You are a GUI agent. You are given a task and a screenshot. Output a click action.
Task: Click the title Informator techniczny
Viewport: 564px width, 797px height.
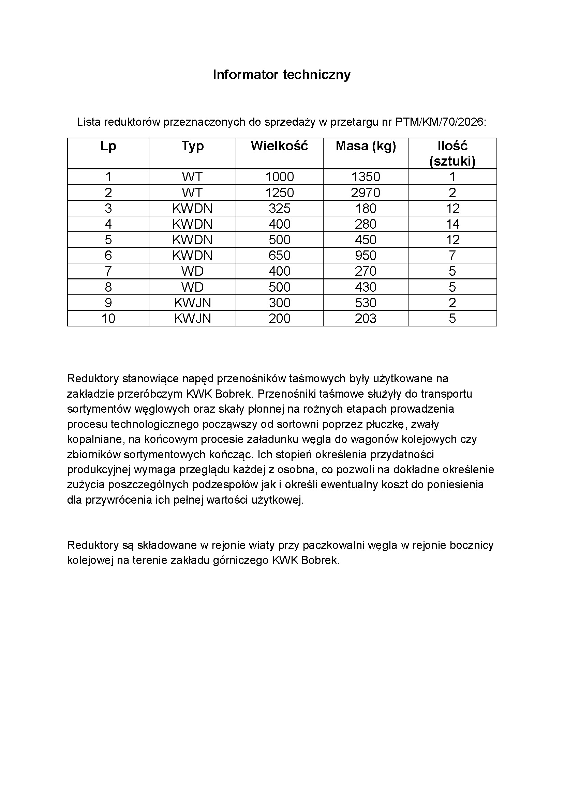click(x=282, y=75)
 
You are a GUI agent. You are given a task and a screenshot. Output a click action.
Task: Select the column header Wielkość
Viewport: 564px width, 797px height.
click(x=279, y=146)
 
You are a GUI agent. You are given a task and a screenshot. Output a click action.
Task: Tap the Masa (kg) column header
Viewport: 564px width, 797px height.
click(x=366, y=146)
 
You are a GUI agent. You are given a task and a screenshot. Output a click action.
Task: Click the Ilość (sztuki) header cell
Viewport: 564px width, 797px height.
click(x=452, y=153)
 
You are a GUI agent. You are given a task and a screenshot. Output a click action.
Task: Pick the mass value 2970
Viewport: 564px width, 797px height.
click(x=365, y=193)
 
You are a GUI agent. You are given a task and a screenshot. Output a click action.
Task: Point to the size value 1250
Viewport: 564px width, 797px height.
click(x=280, y=193)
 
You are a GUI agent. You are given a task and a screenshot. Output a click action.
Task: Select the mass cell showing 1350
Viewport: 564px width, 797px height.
click(x=366, y=177)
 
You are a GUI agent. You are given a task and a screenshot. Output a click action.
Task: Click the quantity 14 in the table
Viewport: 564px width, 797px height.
click(x=452, y=224)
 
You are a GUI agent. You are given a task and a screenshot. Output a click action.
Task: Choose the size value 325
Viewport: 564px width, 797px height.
click(x=280, y=208)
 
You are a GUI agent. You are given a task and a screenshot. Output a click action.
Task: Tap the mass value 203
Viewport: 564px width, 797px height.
click(x=365, y=319)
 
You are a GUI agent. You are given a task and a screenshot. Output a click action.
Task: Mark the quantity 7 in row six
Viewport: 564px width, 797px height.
click(x=452, y=256)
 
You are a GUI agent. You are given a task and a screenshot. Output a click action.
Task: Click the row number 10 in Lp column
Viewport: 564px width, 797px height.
click(x=108, y=319)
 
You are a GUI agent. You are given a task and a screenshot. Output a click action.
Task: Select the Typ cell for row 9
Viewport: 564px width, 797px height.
click(x=192, y=303)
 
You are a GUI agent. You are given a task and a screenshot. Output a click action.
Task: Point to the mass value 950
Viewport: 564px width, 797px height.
click(x=365, y=256)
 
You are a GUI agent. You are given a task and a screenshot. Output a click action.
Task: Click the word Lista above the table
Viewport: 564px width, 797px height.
click(x=89, y=122)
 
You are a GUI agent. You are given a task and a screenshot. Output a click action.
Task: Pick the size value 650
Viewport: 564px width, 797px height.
click(x=280, y=256)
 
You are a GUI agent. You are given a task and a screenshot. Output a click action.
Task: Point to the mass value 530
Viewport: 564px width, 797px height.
click(x=365, y=303)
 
